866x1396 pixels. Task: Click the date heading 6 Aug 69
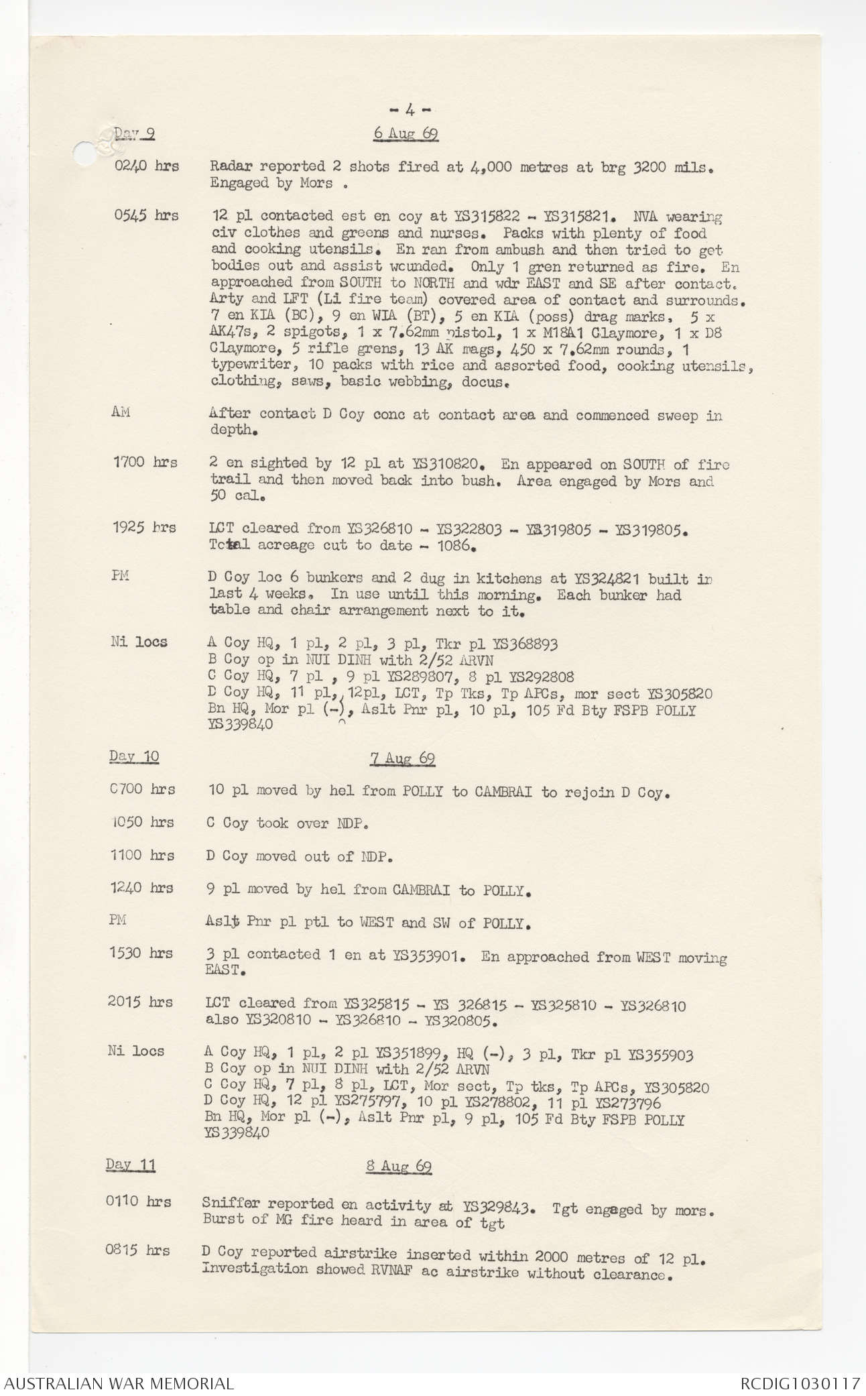(406, 133)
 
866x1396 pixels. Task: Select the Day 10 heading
(134, 756)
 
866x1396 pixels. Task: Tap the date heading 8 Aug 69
(398, 1166)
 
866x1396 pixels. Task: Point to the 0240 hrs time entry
(146, 166)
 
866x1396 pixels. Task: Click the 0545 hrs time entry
(146, 215)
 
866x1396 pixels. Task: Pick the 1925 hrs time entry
(144, 528)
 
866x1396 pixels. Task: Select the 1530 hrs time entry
(141, 953)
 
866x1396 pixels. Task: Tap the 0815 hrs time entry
(137, 1250)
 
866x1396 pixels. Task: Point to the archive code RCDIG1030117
(800, 1383)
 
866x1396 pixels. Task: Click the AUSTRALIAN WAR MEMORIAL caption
(118, 1383)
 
